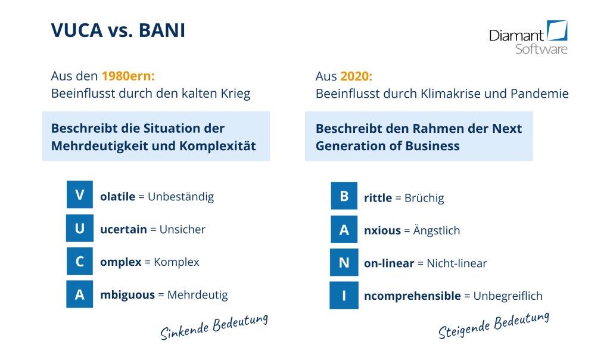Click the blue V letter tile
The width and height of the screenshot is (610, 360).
80,194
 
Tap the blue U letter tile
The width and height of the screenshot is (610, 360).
80,228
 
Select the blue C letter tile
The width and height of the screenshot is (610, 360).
80,261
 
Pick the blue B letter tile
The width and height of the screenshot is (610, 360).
344,195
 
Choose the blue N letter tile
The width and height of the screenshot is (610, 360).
344,263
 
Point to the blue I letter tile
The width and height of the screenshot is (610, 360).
344,296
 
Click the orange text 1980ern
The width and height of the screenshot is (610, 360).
128,76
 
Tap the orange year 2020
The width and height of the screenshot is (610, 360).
356,76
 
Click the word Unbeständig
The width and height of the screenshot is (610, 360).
181,197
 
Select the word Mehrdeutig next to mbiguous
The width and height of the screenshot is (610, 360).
198,295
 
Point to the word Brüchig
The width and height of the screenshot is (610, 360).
424,198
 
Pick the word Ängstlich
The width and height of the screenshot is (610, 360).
437,230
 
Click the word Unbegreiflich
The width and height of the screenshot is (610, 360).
508,296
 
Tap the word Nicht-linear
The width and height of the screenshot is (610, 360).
457,263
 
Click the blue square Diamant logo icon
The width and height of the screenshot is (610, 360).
558,31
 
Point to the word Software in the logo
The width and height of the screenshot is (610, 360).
541,49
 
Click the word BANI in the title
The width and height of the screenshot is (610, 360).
162,30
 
